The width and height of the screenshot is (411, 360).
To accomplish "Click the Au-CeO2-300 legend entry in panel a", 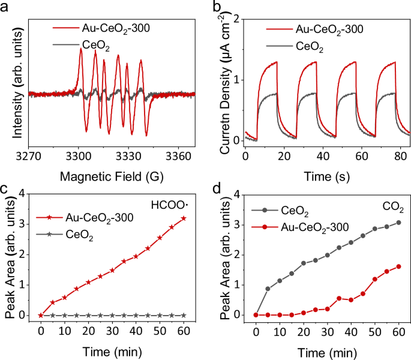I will point(113,28).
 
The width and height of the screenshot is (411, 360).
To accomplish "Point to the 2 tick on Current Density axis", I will point(236,19).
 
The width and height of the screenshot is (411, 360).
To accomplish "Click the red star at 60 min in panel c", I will point(183,218).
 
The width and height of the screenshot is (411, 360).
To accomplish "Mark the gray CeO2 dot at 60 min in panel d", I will point(398,223).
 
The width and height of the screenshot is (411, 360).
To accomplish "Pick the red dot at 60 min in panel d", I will point(398,266).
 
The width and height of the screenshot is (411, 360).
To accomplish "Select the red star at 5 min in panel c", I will point(53,302).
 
